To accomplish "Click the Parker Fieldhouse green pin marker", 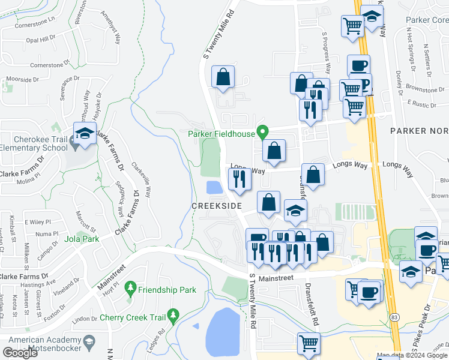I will click(262, 131).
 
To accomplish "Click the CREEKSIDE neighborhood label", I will click(216, 206).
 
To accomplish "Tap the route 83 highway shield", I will click(394, 315).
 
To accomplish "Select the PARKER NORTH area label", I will click(419, 131).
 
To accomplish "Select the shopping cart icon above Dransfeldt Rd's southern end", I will click(309, 344).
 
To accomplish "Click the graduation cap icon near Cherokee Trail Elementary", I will click(85, 134).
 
